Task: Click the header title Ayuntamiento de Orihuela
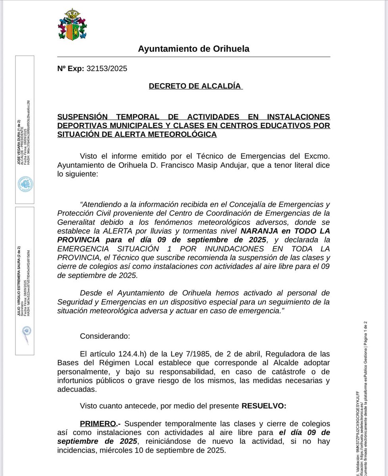pyautogui.click(x=194, y=49)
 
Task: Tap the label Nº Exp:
pyautogui.click(x=71, y=69)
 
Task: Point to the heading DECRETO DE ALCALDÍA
pyautogui.click(x=195, y=86)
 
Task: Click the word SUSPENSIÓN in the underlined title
pyautogui.click(x=83, y=117)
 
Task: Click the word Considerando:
pyautogui.click(x=105, y=336)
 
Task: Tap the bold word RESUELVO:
pyautogui.click(x=263, y=406)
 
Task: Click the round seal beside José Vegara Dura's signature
pyautogui.click(x=25, y=184)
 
